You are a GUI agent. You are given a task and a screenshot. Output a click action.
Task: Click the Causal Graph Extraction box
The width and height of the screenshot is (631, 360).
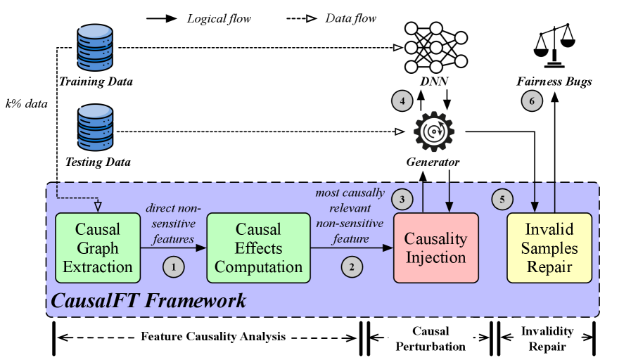click(x=97, y=247)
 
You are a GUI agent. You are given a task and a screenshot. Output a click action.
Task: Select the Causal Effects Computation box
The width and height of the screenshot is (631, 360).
click(x=258, y=247)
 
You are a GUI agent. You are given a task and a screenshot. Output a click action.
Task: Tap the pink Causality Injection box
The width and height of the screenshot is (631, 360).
click(x=435, y=247)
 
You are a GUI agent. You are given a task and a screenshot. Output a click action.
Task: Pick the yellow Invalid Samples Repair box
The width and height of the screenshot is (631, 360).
click(x=550, y=247)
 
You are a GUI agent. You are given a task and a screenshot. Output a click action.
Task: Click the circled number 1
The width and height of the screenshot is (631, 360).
click(x=172, y=266)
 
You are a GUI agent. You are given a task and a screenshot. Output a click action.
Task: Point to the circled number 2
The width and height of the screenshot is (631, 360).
click(x=350, y=266)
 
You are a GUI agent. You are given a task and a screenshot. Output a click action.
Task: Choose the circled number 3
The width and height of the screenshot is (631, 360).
click(x=402, y=199)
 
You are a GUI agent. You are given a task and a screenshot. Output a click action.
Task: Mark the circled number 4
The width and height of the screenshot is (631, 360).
click(x=402, y=101)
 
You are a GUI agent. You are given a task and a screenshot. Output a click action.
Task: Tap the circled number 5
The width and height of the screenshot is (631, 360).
click(x=502, y=199)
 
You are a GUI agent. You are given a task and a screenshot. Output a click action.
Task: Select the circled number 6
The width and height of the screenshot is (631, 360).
click(x=532, y=101)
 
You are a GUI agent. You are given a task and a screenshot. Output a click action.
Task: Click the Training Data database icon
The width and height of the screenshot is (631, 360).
click(x=95, y=47)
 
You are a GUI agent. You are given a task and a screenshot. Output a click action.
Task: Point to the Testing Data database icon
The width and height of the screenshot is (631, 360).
click(x=95, y=129)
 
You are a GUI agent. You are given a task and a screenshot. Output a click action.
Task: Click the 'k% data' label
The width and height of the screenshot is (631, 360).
click(x=25, y=104)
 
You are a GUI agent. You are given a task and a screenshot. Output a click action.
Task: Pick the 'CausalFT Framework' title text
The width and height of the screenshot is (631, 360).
click(x=149, y=302)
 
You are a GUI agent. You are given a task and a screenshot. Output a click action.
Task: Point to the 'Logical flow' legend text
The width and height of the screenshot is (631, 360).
click(x=217, y=18)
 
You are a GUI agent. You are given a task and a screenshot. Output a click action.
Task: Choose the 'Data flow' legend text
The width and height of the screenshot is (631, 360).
click(x=350, y=18)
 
